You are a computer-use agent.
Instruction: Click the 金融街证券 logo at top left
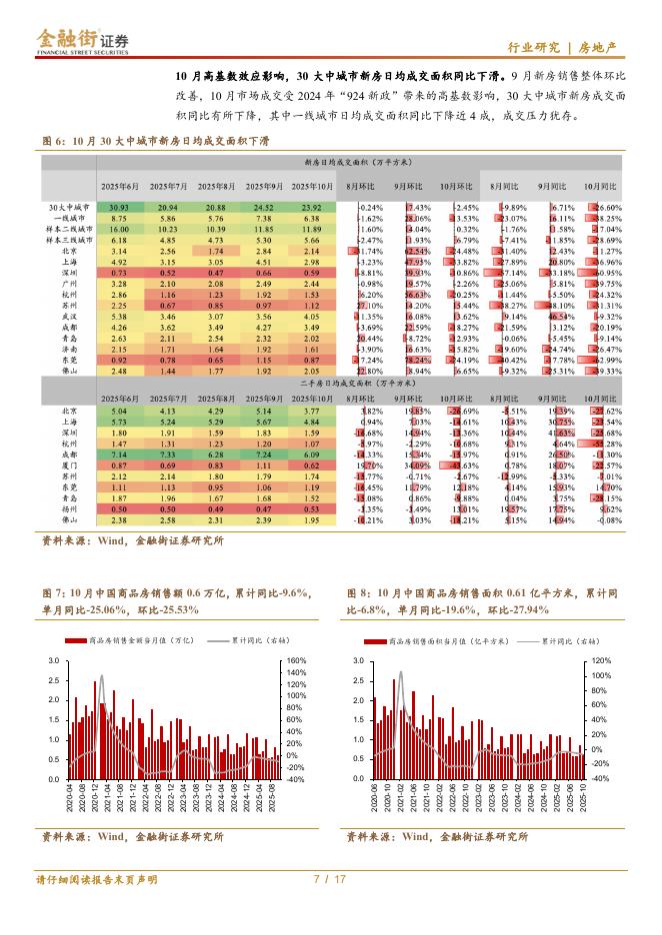point(84,41)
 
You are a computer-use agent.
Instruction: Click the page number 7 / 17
point(330,879)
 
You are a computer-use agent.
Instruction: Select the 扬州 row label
point(68,508)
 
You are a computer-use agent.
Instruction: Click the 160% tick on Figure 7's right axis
point(295,661)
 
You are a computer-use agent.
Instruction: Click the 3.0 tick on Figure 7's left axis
point(52,661)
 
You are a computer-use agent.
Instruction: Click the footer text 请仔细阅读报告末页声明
point(96,879)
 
